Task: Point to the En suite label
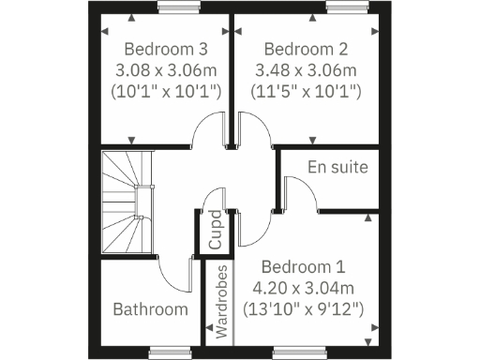tap(337, 167)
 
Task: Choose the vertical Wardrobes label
tap(221, 301)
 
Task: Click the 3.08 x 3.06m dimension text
tap(166, 70)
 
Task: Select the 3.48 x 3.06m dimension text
tap(306, 70)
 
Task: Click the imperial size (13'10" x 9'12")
tap(304, 307)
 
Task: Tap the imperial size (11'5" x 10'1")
tap(306, 91)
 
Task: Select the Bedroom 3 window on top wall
tap(171, 9)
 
